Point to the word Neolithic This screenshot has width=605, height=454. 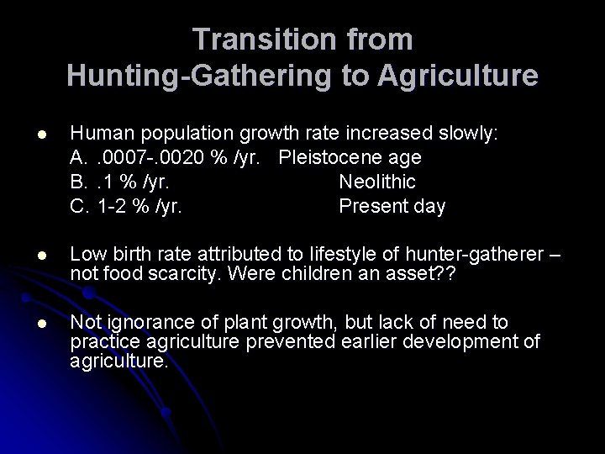(x=377, y=182)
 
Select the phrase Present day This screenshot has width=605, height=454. (x=392, y=206)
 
